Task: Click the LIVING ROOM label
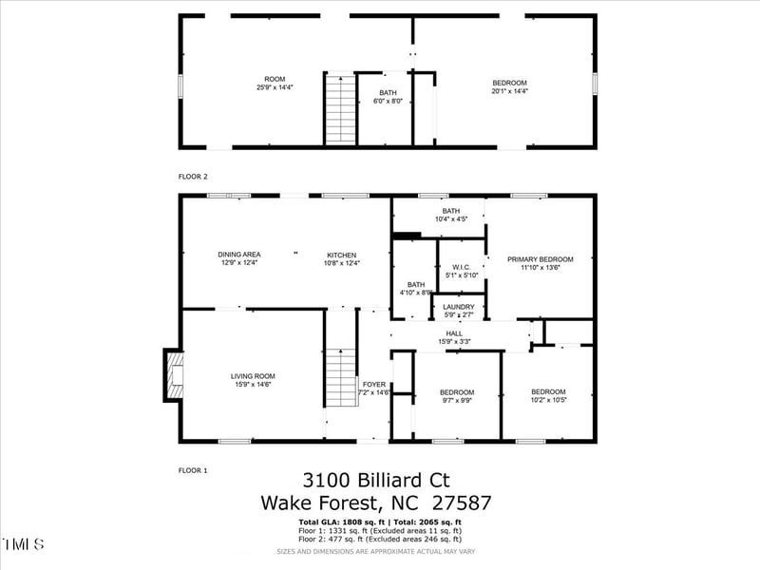click(253, 376)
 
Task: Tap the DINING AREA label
click(239, 255)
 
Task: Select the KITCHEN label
click(342, 255)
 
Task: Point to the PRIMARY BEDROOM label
click(540, 259)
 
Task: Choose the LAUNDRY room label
click(459, 307)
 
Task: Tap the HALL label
click(454, 333)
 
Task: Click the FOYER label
click(374, 385)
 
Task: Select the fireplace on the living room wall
click(172, 376)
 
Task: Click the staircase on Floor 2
click(340, 108)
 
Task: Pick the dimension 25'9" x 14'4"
click(275, 87)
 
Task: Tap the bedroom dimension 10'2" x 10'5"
click(548, 400)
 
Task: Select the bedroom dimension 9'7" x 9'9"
click(456, 400)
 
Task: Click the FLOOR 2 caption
click(193, 177)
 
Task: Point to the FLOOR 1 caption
click(193, 470)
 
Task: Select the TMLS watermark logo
click(23, 544)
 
